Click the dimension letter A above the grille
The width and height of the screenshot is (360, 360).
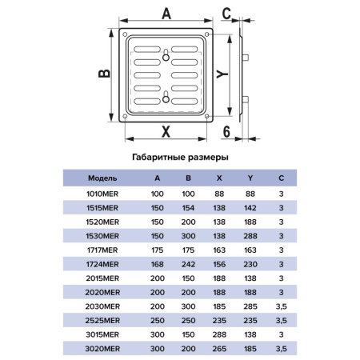(x=166, y=14)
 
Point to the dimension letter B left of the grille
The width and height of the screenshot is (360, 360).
(x=104, y=74)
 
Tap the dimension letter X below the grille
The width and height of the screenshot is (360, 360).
(x=166, y=131)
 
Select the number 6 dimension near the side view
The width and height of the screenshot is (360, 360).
(x=226, y=131)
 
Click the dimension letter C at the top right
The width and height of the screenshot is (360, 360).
(x=226, y=14)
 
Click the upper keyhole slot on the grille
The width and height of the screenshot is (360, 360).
(x=166, y=55)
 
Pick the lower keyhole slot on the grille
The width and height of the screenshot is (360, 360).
(x=166, y=97)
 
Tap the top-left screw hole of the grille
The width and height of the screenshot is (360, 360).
(x=125, y=34)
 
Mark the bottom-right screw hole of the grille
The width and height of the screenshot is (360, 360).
(x=206, y=116)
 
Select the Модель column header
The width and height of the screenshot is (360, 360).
(x=102, y=178)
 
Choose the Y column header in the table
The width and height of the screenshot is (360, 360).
(x=250, y=178)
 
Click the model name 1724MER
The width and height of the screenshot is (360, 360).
(x=102, y=264)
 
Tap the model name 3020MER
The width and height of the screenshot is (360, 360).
(x=102, y=349)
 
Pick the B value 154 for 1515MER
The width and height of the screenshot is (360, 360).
(x=188, y=208)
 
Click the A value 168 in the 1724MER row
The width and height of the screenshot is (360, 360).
(x=158, y=264)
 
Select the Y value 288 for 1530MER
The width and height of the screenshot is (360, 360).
(x=250, y=236)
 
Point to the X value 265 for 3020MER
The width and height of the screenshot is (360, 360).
(x=219, y=349)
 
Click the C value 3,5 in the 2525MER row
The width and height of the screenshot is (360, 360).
(x=282, y=321)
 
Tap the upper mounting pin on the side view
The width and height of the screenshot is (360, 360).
(x=246, y=58)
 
